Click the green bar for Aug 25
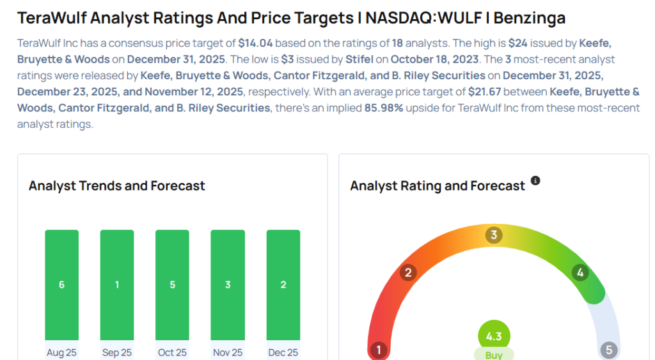click(61, 285)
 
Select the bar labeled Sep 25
click(117, 285)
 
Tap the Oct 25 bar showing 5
click(172, 285)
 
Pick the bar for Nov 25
click(228, 285)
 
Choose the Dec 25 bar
click(283, 285)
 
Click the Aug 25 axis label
click(61, 352)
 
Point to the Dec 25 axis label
click(283, 352)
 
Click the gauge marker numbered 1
click(379, 350)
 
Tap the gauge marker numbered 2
click(408, 273)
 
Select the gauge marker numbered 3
click(493, 235)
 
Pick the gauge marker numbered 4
click(580, 273)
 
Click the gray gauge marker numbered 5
click(608, 350)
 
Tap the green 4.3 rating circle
click(494, 336)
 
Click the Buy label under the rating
click(494, 354)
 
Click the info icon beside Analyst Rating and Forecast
click(535, 181)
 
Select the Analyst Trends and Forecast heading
click(117, 186)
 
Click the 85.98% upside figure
click(384, 107)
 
